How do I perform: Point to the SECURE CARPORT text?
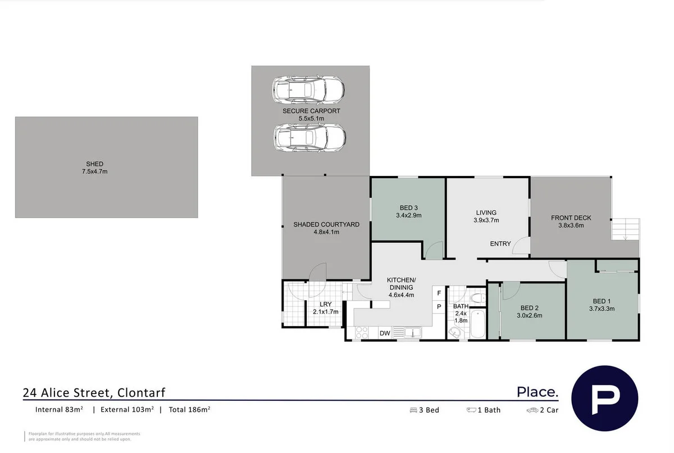[x=311, y=111]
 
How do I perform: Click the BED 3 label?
[x=408, y=207]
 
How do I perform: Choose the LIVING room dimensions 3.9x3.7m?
[x=486, y=220]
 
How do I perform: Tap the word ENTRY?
[x=500, y=243]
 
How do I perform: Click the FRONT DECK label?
[x=571, y=218]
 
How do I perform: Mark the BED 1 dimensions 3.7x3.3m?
[x=602, y=308]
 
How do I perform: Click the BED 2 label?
[x=530, y=307]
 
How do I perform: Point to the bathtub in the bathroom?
[x=477, y=324]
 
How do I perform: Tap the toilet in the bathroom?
[x=477, y=297]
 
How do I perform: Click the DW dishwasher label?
[x=385, y=333]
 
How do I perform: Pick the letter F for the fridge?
[x=439, y=293]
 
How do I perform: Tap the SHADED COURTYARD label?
[x=326, y=224]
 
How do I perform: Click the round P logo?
[x=604, y=398]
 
